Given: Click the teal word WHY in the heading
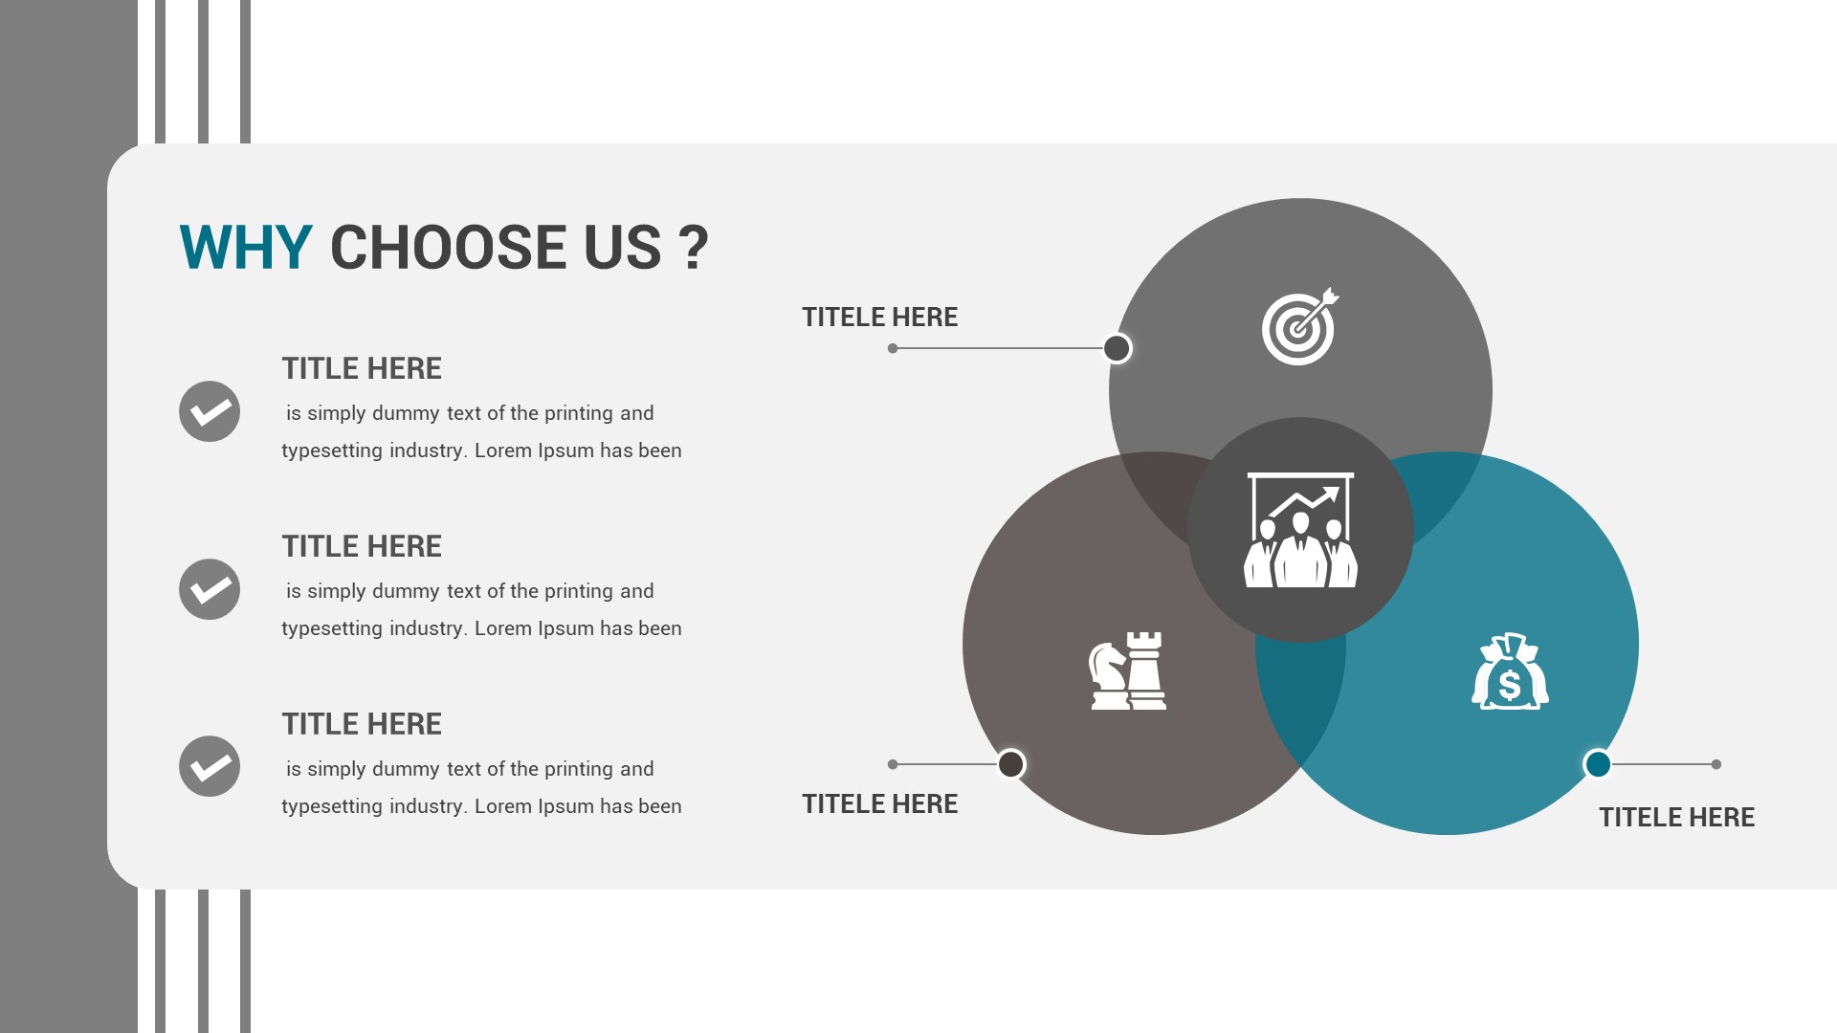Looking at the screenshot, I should click(x=245, y=247).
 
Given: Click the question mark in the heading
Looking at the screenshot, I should click(x=694, y=247).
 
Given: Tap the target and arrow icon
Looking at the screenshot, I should click(x=1299, y=326).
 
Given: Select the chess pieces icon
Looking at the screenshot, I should click(x=1128, y=670).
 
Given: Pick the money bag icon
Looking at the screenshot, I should click(x=1510, y=671).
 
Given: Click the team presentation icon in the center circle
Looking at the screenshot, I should click(x=1300, y=530).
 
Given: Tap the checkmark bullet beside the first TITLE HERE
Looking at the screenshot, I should click(x=210, y=411).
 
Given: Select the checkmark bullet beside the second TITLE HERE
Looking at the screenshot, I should click(x=210, y=589).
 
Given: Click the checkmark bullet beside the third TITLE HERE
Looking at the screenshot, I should click(x=210, y=766).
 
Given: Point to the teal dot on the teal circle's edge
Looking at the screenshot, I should click(x=1598, y=764).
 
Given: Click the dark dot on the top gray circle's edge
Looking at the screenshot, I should click(x=1117, y=348).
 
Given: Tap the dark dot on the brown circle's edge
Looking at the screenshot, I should click(x=1011, y=764).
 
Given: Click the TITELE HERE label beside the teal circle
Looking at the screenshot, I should click(x=1676, y=818).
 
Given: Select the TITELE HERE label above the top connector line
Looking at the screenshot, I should click(x=879, y=318).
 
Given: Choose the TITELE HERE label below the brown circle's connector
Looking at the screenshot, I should click(x=879, y=804).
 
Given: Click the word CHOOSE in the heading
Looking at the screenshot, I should click(x=496, y=247).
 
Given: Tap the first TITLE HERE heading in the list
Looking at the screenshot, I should click(x=362, y=368).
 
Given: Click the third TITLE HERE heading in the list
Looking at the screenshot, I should click(x=362, y=724).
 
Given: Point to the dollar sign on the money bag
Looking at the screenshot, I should click(x=1510, y=685).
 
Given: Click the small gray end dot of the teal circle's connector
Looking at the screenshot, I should click(x=1716, y=764).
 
